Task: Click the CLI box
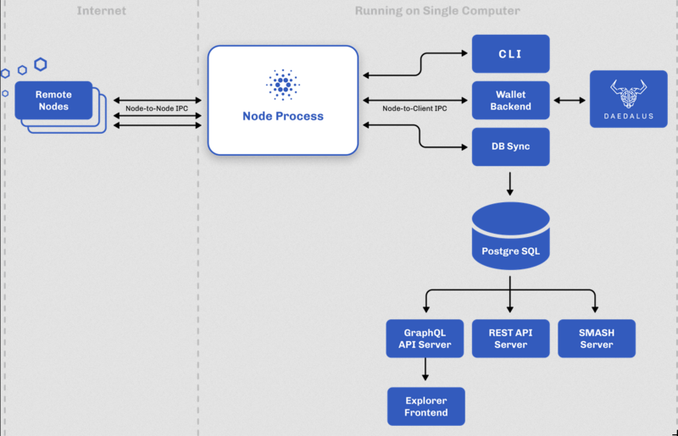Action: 510,53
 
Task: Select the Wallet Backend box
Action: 510,100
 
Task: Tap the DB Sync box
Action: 510,146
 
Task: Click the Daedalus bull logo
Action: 628,91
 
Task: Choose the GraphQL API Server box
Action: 425,338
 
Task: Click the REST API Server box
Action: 510,338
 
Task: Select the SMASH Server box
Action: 596,338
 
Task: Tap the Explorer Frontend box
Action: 425,406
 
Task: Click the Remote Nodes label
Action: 53,100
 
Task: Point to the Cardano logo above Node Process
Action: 282,85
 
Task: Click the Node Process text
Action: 282,116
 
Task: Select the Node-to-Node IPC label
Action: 157,108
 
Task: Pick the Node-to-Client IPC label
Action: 414,108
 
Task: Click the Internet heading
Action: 102,11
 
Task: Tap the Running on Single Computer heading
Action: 437,11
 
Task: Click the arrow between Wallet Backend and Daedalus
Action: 570,100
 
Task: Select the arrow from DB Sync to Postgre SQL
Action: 510,183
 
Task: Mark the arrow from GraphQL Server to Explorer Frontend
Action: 425,369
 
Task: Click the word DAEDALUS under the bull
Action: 628,116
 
